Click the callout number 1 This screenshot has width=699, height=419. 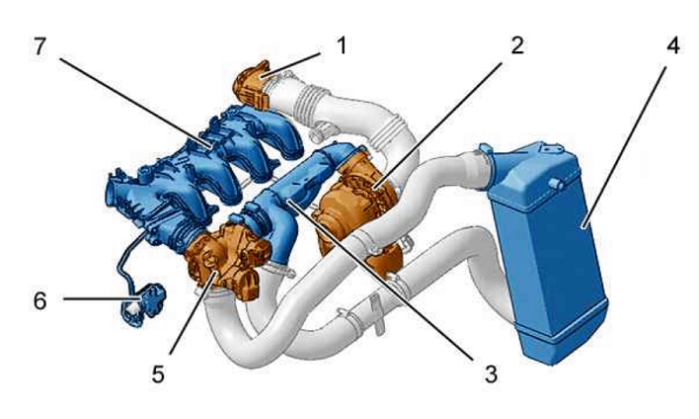click(342, 46)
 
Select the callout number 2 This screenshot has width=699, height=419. click(517, 45)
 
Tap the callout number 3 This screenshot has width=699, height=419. click(491, 374)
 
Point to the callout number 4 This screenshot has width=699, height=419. click(673, 45)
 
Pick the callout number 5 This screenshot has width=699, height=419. click(158, 374)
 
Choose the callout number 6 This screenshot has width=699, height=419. click(40, 300)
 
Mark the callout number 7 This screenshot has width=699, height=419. click(39, 46)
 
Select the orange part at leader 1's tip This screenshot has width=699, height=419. click(251, 86)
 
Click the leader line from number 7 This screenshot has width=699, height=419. click(135, 103)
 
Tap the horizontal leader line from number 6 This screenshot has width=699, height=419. click(103, 298)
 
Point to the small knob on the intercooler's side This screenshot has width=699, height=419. click(556, 184)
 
